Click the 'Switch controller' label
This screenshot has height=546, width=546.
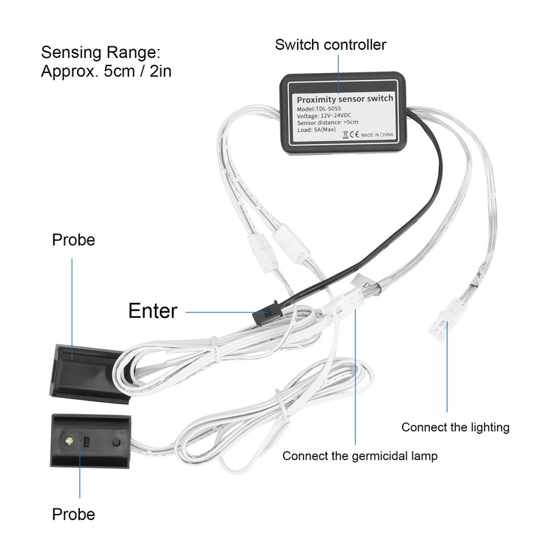[x=330, y=45]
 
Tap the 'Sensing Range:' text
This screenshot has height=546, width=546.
[x=100, y=53]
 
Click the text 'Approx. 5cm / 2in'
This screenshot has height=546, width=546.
[x=106, y=72]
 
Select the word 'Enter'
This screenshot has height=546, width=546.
[x=153, y=311]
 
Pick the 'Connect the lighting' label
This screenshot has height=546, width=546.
[x=455, y=427]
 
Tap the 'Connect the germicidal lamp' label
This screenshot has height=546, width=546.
[x=360, y=456]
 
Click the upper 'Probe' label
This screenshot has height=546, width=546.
[x=74, y=240]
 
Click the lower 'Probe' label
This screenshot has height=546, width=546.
[x=74, y=515]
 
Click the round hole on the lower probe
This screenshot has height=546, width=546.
[x=116, y=442]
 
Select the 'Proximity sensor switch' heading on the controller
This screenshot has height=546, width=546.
[x=345, y=99]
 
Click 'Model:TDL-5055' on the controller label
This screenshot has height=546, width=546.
[x=319, y=109]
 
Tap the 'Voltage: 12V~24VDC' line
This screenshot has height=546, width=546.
[x=324, y=115]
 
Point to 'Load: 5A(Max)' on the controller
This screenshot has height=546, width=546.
[x=317, y=130]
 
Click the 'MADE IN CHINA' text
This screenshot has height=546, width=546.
[x=377, y=134]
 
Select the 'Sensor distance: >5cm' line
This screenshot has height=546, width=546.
[x=328, y=123]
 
